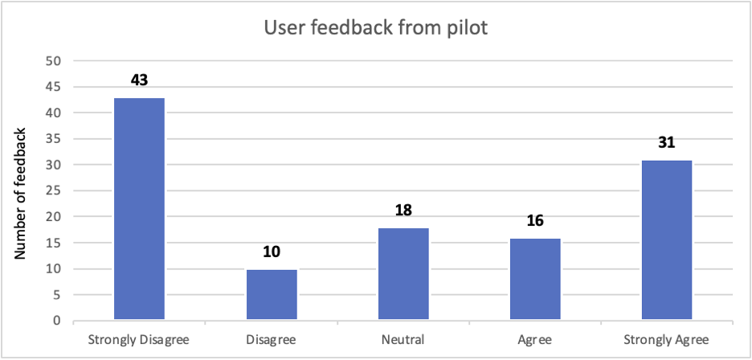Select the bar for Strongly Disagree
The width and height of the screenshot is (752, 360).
(139, 209)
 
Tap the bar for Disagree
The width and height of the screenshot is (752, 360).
(272, 295)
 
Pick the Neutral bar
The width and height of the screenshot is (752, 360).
(403, 274)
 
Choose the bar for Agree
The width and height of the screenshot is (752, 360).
(535, 280)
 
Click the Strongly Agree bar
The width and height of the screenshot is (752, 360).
(667, 240)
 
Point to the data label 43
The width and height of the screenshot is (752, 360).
(139, 81)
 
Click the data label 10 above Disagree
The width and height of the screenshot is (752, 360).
(272, 252)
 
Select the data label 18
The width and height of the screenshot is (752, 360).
(403, 211)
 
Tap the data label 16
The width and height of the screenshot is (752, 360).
(535, 221)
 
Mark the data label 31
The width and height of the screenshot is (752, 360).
(667, 143)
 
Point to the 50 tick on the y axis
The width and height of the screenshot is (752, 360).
(55, 61)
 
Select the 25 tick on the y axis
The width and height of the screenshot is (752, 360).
(55, 191)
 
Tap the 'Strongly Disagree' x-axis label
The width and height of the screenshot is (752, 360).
(139, 339)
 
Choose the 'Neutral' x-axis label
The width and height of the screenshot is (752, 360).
(403, 339)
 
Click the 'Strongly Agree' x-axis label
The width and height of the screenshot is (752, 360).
(667, 339)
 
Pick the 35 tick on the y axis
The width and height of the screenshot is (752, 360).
(55, 139)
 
